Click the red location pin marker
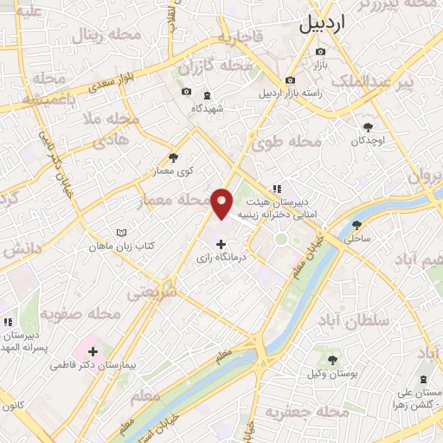[x=222, y=202]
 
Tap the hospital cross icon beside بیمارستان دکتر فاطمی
[x=93, y=352]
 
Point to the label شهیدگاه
[x=208, y=108]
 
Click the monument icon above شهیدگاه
[x=207, y=95]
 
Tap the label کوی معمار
[x=174, y=171]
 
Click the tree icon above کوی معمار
[x=174, y=157]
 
